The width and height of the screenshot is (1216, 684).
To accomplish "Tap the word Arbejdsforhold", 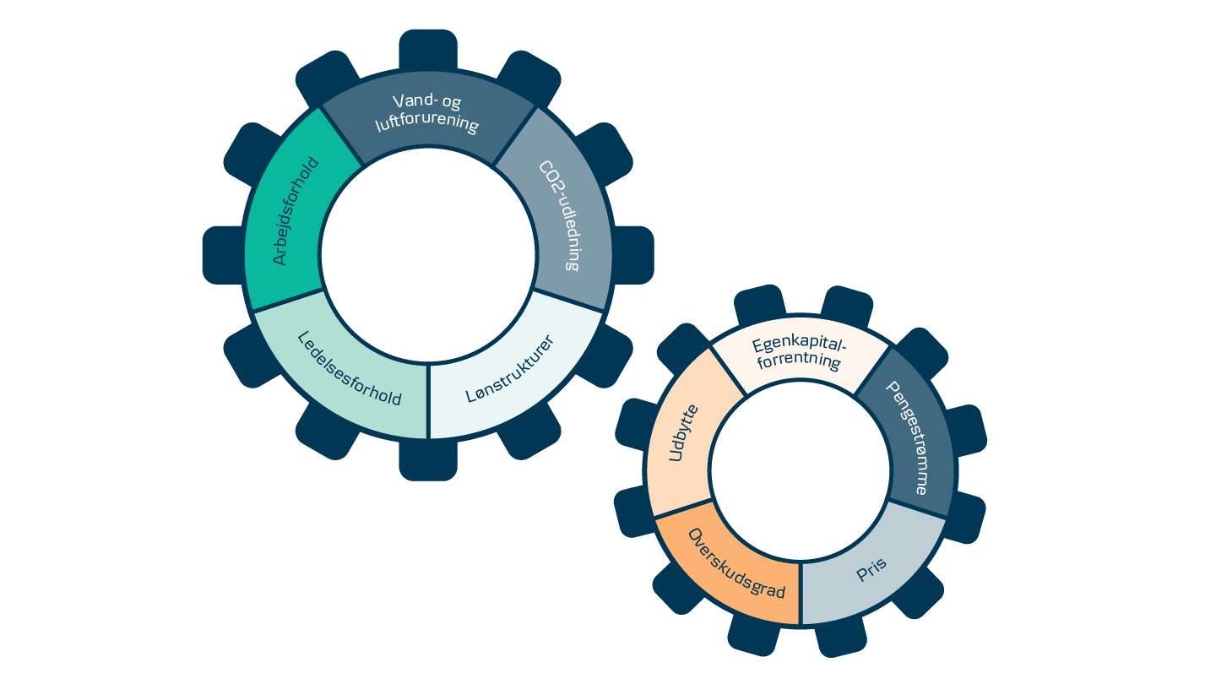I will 292,211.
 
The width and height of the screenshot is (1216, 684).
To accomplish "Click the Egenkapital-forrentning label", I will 798,353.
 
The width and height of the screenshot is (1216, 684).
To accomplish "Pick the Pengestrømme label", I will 907,437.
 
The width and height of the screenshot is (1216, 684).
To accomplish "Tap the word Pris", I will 871,570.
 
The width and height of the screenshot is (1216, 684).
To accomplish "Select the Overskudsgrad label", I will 736,562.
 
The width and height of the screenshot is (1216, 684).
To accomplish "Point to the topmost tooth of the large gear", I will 428,51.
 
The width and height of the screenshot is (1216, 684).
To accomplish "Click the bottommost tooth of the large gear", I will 428,460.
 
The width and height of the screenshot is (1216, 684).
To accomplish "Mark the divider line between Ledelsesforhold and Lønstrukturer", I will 428,401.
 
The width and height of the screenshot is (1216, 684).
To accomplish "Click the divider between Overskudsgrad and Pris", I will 800,592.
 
